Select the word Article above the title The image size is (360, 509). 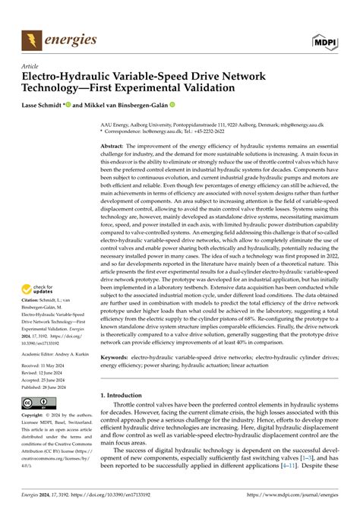click(x=33, y=67)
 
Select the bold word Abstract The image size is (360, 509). click(x=113, y=144)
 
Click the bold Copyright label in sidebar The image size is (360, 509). click(x=36, y=416)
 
